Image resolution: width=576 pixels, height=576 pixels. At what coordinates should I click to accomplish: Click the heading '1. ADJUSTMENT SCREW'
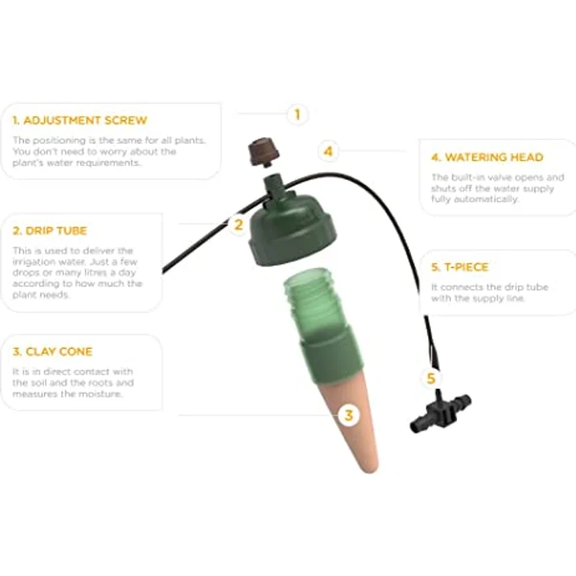(80, 121)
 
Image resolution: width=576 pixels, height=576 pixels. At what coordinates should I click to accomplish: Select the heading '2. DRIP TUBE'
(49, 231)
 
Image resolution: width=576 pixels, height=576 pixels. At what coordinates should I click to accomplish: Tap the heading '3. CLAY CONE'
(52, 351)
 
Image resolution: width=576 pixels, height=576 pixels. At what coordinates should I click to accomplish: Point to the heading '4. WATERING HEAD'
(487, 157)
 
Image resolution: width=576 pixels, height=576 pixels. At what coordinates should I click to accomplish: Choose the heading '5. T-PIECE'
(459, 267)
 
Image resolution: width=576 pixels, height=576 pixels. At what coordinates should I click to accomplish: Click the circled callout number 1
(297, 114)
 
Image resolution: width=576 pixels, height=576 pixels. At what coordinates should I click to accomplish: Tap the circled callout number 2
(239, 225)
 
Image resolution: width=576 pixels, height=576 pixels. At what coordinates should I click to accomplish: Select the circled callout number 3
(348, 416)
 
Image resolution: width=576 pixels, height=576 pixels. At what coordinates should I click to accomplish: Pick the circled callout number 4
(329, 151)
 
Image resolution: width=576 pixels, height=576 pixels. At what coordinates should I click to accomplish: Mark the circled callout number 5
(431, 378)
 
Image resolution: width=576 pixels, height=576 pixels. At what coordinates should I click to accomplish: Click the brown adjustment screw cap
(264, 152)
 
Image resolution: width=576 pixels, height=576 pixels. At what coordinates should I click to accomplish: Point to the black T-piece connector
(441, 413)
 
